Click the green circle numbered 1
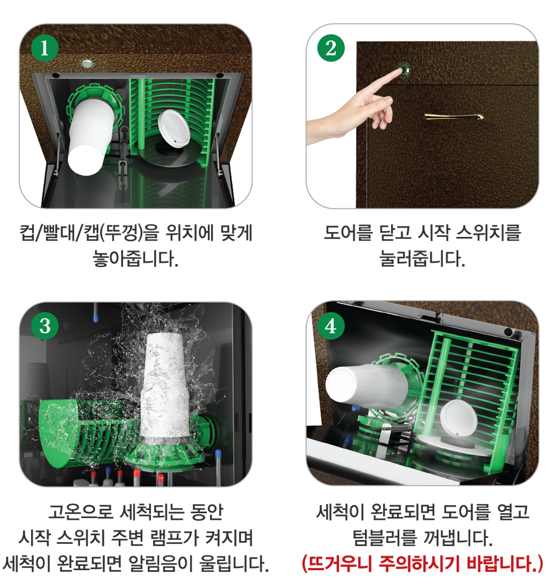pyautogui.click(x=44, y=48)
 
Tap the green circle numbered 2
pyautogui.click(x=331, y=48)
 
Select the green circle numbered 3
pyautogui.click(x=45, y=326)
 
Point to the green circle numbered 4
pyautogui.click(x=331, y=326)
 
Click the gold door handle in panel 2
pyautogui.click(x=454, y=117)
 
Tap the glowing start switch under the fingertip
pyautogui.click(x=404, y=69)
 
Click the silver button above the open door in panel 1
pyautogui.click(x=86, y=63)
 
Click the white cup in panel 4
pyautogui.click(x=366, y=386)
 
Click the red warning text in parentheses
pyautogui.click(x=422, y=563)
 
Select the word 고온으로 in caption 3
pyautogui.click(x=80, y=512)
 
